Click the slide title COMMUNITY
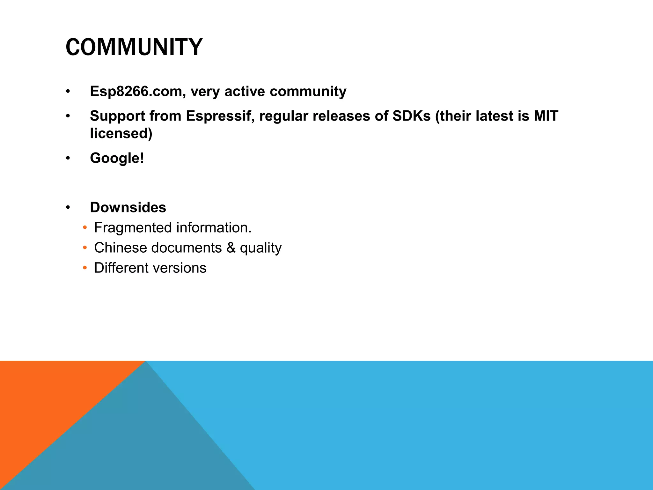click(x=134, y=47)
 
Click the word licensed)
click(x=121, y=133)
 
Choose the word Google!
click(x=117, y=158)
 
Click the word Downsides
click(x=128, y=207)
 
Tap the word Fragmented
click(x=133, y=228)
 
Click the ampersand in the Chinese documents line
click(x=231, y=248)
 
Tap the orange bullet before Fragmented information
click(x=84, y=228)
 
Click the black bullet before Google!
click(x=68, y=158)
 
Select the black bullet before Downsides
click(x=68, y=208)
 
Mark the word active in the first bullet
click(x=245, y=92)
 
